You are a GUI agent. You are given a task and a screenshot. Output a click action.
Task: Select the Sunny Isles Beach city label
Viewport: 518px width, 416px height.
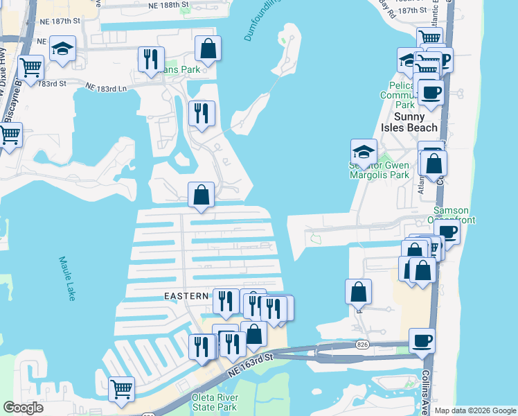[416, 122]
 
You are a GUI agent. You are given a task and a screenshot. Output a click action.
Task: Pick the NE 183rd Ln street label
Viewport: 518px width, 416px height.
[107, 88]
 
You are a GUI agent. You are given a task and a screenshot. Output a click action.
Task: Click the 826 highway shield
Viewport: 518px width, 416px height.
[362, 345]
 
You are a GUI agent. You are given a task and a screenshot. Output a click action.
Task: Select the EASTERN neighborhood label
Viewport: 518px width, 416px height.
[186, 296]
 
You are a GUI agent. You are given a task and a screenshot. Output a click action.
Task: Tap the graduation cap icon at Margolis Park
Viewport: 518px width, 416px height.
[364, 152]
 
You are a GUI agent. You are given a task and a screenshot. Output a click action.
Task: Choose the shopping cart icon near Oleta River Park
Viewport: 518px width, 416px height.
[122, 388]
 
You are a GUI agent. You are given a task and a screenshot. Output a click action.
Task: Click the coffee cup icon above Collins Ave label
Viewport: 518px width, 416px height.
[422, 340]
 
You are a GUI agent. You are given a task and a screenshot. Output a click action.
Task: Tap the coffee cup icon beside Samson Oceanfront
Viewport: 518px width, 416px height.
[447, 232]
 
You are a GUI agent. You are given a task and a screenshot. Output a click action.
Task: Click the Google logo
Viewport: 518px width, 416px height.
[24, 408]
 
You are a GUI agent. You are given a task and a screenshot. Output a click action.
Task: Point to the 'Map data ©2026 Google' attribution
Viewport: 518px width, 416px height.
[474, 410]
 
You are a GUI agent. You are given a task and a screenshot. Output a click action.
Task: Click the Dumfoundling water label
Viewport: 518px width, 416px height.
[263, 21]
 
